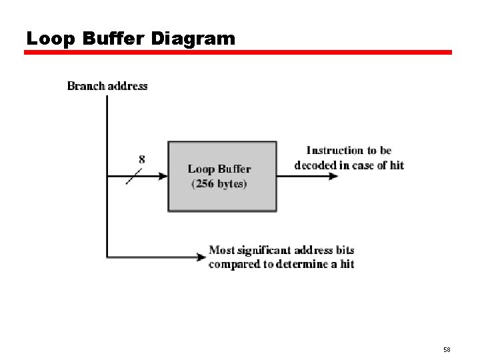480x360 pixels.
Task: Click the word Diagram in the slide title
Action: pos(193,39)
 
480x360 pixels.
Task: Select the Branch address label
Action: pos(107,86)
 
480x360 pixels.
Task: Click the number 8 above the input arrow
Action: pos(142,159)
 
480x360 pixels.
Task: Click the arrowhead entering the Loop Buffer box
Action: pos(163,177)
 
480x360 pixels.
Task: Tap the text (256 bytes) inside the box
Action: pos(219,184)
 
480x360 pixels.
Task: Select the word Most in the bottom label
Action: pos(222,251)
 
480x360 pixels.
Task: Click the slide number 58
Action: pos(446,349)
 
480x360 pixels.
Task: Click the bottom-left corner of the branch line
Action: pos(107,257)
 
